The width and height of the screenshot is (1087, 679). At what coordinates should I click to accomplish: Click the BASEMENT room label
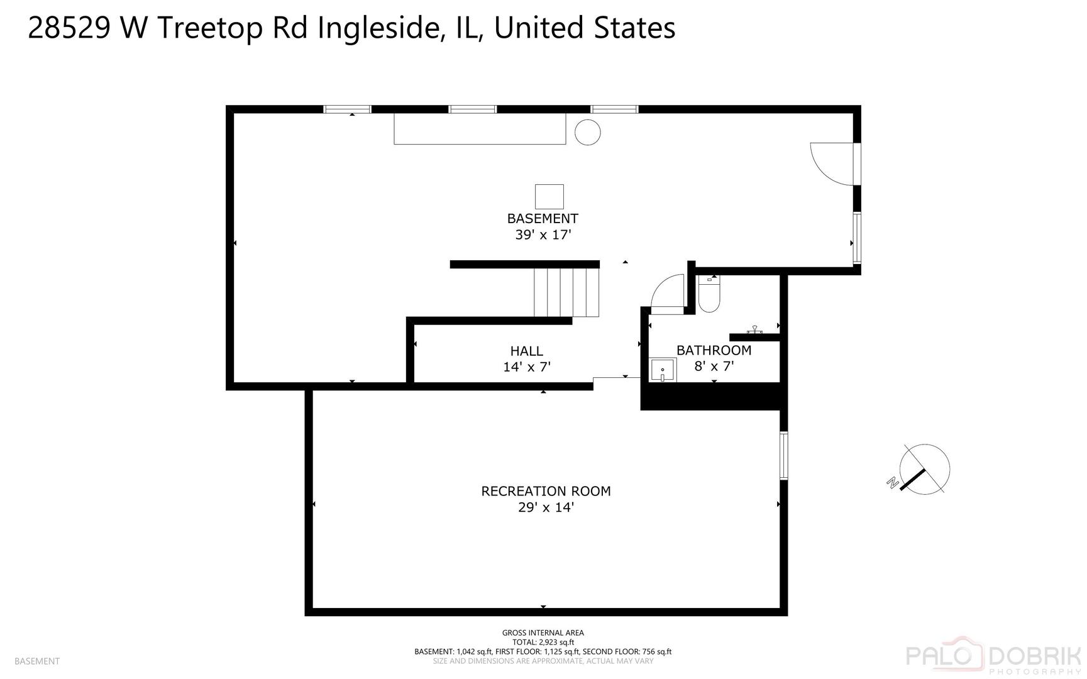click(x=543, y=219)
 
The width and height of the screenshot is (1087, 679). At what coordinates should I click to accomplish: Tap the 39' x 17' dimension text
click(x=543, y=235)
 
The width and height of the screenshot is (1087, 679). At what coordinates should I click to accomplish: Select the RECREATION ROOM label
click(x=546, y=491)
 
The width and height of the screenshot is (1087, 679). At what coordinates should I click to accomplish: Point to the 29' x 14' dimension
click(x=546, y=507)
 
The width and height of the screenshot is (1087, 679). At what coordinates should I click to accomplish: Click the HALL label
click(x=527, y=351)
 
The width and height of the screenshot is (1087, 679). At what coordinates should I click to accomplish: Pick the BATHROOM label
click(x=714, y=350)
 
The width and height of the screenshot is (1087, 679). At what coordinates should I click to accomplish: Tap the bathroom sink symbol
click(x=663, y=370)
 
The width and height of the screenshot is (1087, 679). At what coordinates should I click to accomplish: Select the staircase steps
click(x=566, y=292)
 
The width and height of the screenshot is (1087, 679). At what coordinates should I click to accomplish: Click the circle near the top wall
click(x=588, y=132)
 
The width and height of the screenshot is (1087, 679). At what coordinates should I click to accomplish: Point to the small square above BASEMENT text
click(x=549, y=196)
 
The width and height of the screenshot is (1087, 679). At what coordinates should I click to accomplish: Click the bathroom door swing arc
click(x=666, y=292)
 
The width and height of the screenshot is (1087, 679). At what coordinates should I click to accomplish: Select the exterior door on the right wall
click(x=833, y=163)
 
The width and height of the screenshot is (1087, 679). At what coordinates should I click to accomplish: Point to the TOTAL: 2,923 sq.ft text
click(x=543, y=643)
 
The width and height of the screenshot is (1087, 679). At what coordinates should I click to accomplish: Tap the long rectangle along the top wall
click(x=479, y=129)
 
